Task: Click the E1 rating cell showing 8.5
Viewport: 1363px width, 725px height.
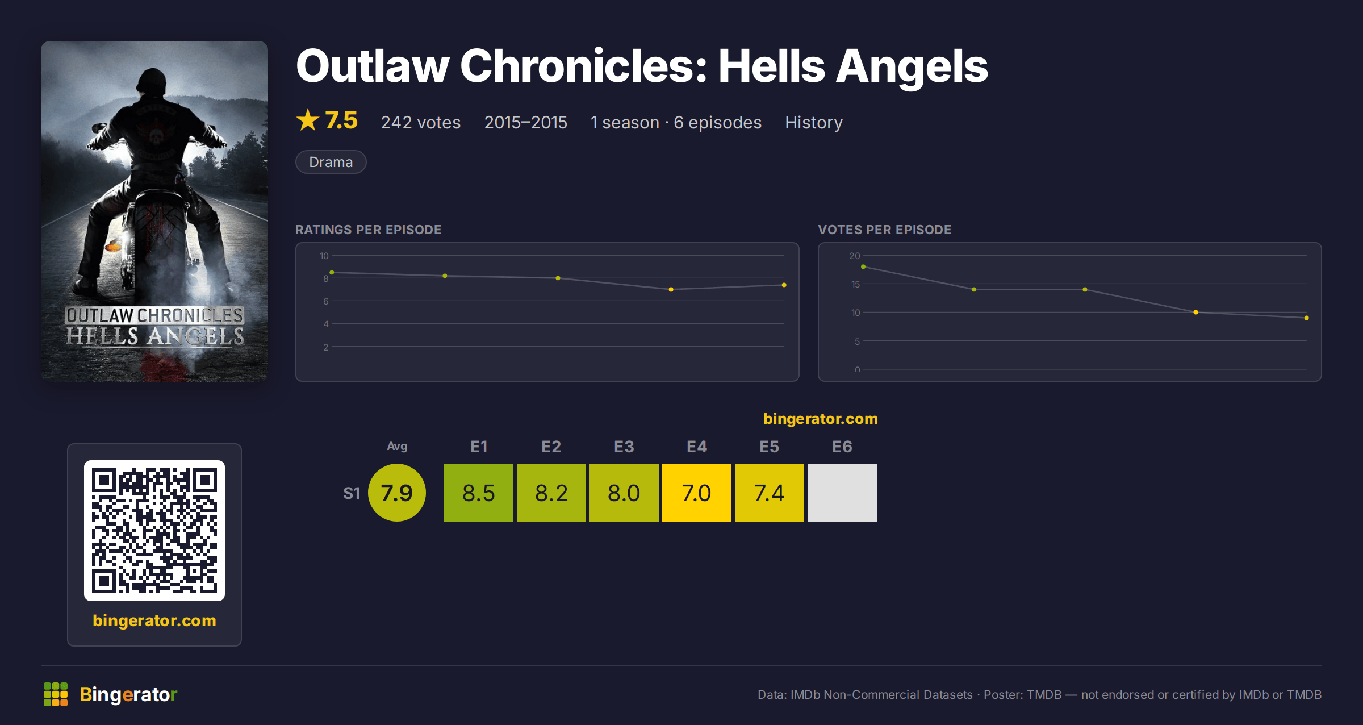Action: [x=478, y=492]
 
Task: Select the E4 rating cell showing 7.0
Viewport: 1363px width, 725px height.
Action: [x=696, y=492]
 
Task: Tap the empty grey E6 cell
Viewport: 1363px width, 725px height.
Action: [x=842, y=492]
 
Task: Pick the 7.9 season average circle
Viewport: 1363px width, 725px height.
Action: [x=396, y=492]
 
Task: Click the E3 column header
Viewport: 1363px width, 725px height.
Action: [x=624, y=447]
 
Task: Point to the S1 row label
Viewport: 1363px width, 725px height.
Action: [x=352, y=493]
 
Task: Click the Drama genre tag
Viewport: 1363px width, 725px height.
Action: [x=331, y=162]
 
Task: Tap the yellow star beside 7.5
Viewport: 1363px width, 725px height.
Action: [x=308, y=120]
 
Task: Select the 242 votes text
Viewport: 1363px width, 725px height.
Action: [x=421, y=122]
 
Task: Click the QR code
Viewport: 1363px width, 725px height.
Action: [x=154, y=530]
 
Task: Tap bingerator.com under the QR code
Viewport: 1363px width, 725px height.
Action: [x=154, y=620]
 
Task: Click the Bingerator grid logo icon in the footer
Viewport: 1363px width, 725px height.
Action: [x=56, y=694]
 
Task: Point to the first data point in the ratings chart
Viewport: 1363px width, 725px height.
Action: [x=332, y=273]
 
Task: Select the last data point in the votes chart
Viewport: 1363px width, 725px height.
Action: [x=1306, y=318]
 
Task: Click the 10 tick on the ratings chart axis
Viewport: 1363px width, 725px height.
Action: [x=324, y=256]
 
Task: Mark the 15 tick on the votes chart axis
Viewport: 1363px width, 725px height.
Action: [x=855, y=284]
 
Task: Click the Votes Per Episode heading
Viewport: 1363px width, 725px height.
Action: [x=884, y=230]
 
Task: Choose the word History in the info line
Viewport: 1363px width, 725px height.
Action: [x=813, y=122]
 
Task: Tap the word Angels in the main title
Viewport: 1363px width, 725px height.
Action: [x=912, y=66]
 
